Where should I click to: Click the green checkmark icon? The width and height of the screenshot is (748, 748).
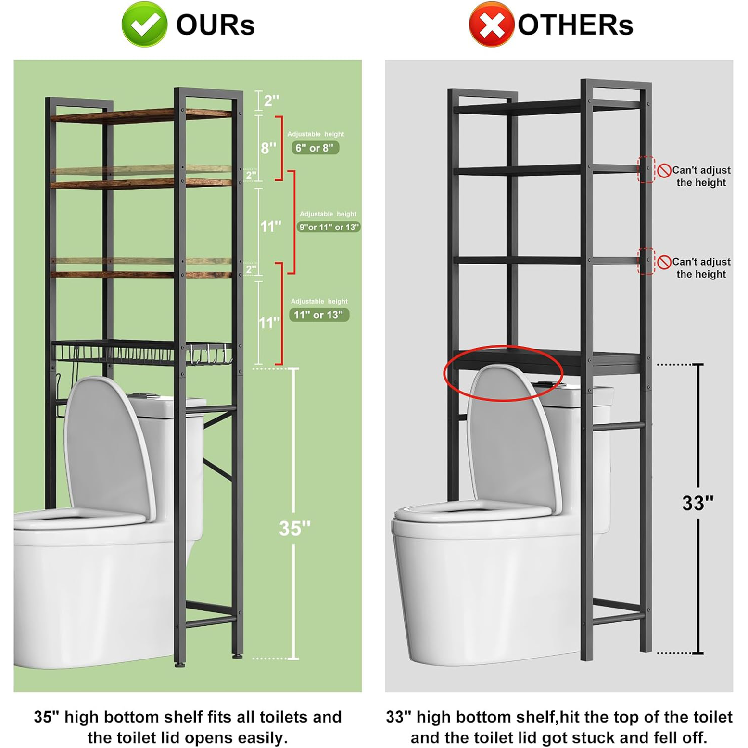[144, 24]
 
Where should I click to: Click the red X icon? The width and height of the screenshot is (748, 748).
[492, 24]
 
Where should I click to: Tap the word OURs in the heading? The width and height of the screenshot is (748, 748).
[215, 25]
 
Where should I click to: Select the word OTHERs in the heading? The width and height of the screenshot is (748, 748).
[575, 25]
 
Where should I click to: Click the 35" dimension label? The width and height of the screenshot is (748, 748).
[294, 528]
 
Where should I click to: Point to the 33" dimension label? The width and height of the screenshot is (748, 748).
[697, 503]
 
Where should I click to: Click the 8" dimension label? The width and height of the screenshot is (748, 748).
[268, 148]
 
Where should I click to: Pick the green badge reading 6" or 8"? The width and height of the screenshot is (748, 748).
[315, 148]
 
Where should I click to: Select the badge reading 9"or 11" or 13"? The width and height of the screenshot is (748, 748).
[329, 227]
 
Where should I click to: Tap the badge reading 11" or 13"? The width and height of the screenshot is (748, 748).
[319, 315]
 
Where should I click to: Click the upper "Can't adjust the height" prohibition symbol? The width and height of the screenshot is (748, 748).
[664, 171]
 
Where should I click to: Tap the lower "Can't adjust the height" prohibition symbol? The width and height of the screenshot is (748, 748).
[664, 262]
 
